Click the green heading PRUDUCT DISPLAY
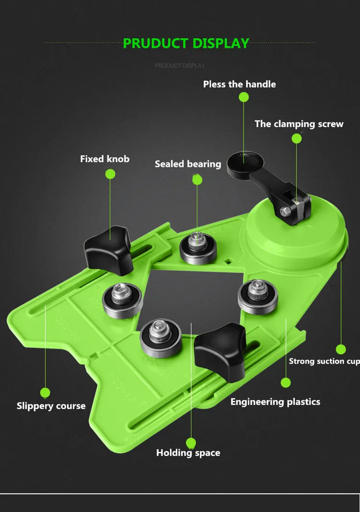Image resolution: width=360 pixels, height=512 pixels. click(186, 44)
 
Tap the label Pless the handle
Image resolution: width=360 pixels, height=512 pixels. click(240, 84)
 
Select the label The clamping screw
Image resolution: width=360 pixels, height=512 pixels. click(299, 124)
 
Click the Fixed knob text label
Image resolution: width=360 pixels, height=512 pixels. click(105, 159)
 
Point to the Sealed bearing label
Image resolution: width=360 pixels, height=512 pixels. click(188, 164)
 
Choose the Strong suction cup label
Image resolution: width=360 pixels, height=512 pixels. click(324, 361)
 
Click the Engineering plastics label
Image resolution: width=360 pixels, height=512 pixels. click(276, 402)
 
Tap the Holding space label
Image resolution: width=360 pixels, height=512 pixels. click(188, 453)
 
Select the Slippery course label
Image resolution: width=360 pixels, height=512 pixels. click(51, 406)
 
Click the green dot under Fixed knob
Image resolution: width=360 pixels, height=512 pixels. click(110, 174)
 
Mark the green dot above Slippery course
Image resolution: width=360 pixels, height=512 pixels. click(45, 393)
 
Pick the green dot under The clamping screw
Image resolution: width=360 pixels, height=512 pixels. click(297, 139)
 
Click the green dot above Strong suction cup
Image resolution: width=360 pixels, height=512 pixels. click(341, 349)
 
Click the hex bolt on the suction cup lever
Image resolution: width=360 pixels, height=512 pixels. click(285, 212)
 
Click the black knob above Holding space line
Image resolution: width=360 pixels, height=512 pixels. click(220, 351)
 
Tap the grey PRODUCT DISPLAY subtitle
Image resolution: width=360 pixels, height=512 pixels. click(180, 66)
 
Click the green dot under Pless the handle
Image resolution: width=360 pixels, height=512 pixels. click(244, 97)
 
